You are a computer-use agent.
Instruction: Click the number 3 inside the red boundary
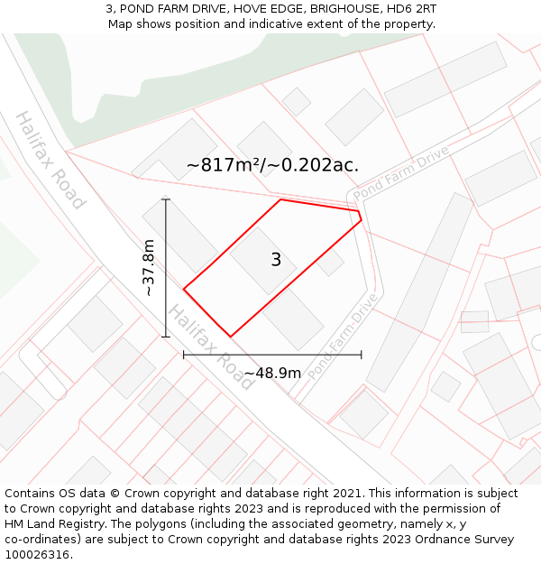tap(276, 260)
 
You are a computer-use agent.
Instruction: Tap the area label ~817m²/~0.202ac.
tap(272, 165)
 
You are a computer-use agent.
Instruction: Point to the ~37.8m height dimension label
tap(149, 268)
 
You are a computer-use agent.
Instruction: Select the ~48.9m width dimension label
tap(272, 373)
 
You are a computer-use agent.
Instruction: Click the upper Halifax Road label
tap(50, 160)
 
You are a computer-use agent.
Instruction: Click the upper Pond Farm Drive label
tap(400, 174)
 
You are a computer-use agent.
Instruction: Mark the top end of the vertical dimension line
tap(166, 199)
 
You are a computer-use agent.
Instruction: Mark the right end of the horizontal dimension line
tap(362, 355)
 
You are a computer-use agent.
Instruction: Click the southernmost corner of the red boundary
tap(231, 337)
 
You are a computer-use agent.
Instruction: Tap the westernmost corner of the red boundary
tap(184, 290)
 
